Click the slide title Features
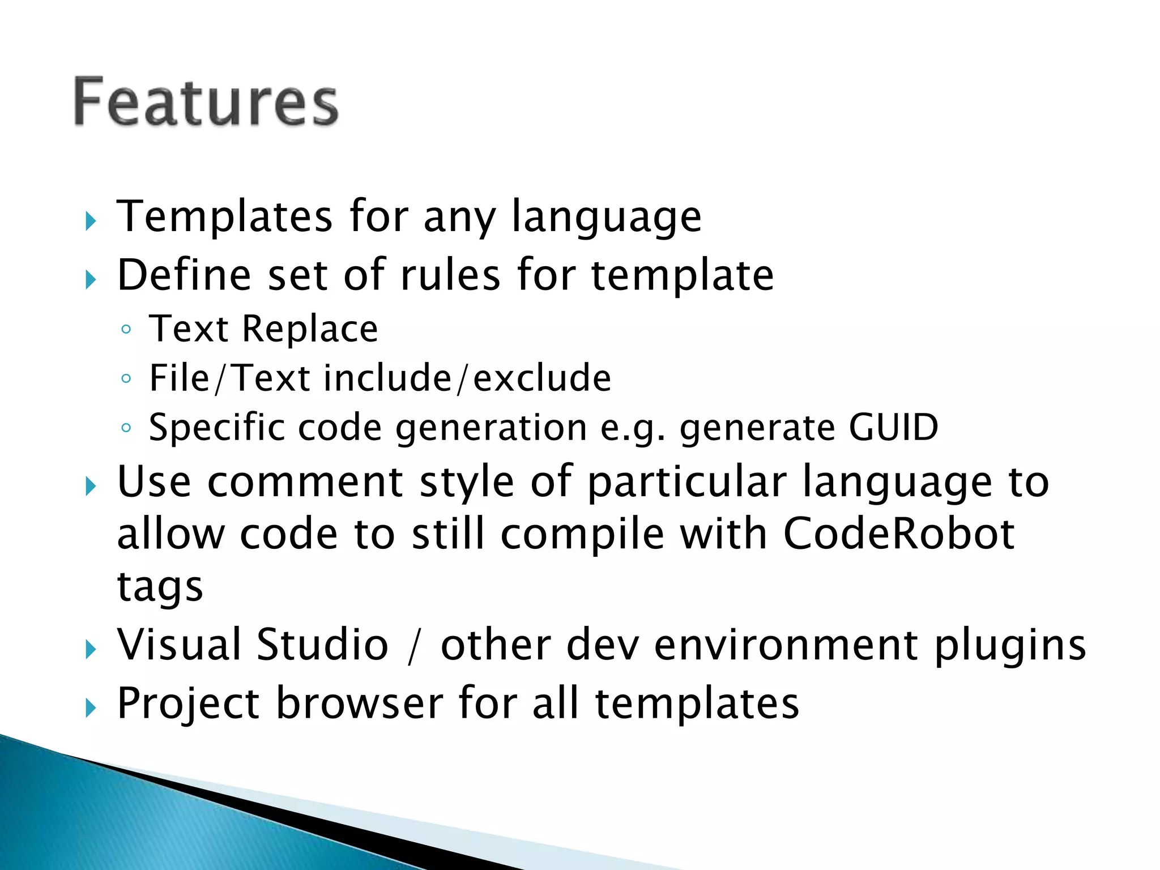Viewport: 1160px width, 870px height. coord(206,102)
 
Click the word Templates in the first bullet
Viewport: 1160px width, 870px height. coord(224,216)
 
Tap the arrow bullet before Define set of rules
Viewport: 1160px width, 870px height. coord(91,279)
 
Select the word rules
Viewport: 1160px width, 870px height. coord(450,275)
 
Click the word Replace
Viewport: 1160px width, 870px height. coord(310,329)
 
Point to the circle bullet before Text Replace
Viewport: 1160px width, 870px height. coord(126,330)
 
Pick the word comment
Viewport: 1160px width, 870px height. coord(305,483)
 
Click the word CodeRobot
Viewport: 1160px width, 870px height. coord(898,534)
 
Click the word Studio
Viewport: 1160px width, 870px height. coord(322,645)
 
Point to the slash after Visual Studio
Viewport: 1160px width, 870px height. coord(414,647)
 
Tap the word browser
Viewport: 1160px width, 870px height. coord(359,703)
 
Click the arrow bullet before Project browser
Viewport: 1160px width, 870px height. coord(91,708)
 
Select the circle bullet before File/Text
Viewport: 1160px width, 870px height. coord(126,378)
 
